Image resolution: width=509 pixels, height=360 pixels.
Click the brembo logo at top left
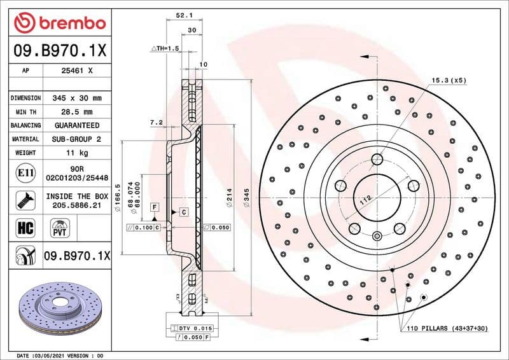[59, 23]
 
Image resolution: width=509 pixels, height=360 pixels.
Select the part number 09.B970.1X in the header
[59, 49]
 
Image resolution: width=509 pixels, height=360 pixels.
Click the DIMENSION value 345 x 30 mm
[77, 99]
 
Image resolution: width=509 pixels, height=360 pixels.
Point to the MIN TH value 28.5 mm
[77, 112]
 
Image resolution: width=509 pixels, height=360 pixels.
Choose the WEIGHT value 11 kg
[77, 153]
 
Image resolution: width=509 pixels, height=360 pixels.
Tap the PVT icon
[60, 227]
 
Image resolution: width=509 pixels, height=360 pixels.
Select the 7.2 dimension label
[156, 121]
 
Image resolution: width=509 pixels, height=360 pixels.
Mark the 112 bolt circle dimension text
[365, 200]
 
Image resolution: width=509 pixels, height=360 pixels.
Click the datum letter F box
[154, 207]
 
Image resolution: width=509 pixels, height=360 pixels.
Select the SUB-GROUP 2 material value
[77, 139]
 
